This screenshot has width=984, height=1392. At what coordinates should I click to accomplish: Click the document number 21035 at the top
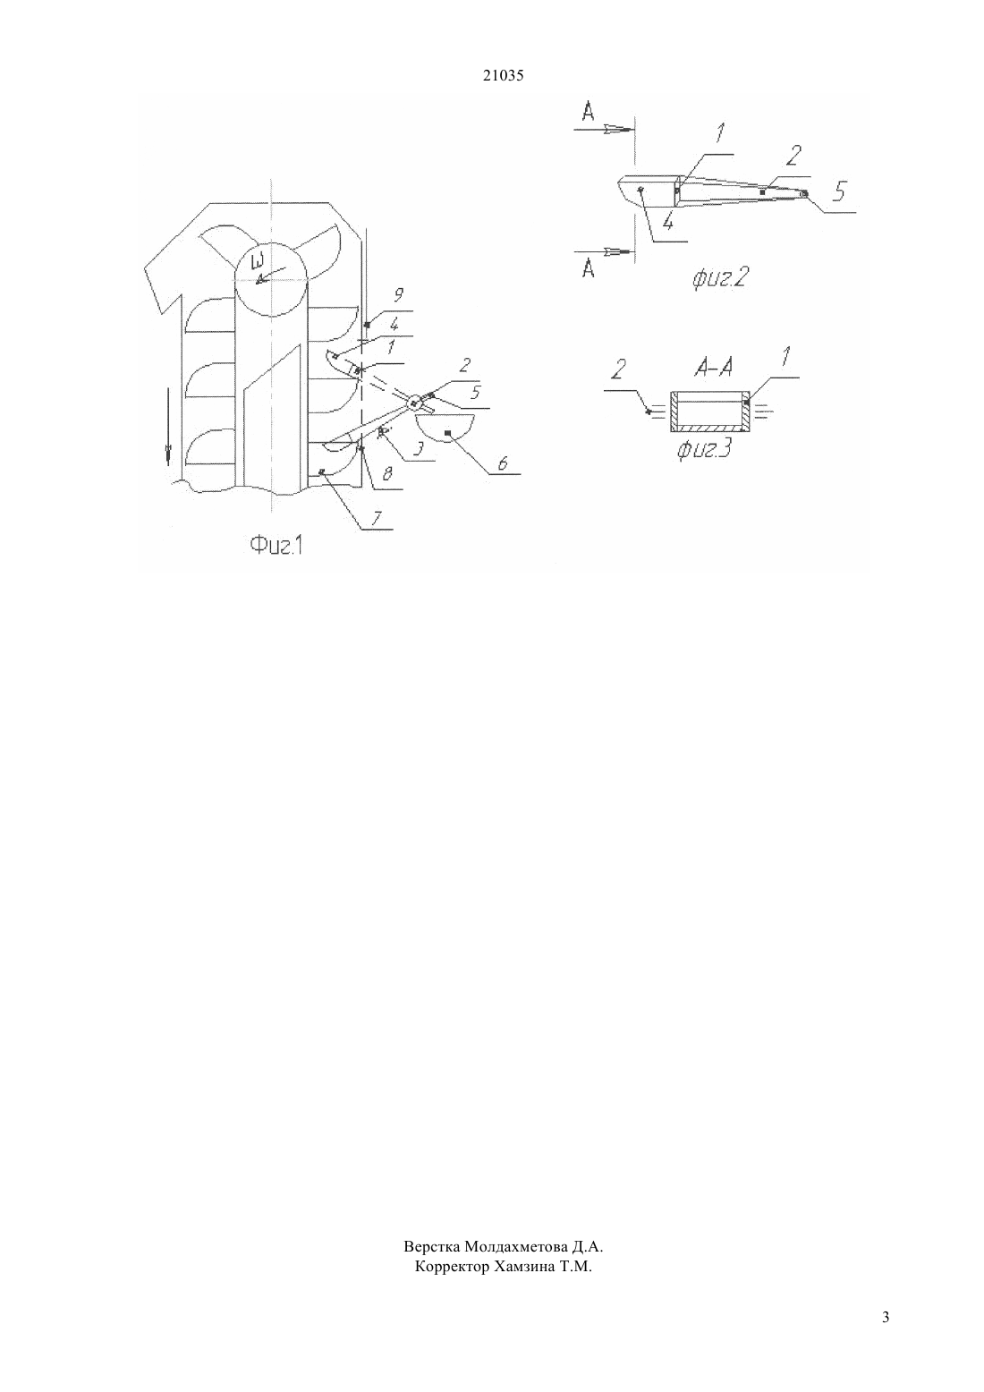click(x=503, y=76)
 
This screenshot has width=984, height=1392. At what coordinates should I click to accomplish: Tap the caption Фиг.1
click(x=276, y=547)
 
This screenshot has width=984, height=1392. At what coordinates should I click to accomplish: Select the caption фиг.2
click(x=718, y=278)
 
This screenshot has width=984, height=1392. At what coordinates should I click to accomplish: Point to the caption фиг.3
click(x=704, y=451)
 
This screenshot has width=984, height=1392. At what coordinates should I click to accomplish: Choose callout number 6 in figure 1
click(x=503, y=463)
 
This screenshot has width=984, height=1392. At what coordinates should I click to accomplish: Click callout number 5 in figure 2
click(x=839, y=191)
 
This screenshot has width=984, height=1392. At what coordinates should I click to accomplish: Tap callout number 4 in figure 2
click(x=668, y=222)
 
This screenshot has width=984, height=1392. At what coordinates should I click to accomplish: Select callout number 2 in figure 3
click(x=619, y=370)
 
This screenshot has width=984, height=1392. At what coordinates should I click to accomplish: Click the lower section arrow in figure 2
click(x=603, y=251)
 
